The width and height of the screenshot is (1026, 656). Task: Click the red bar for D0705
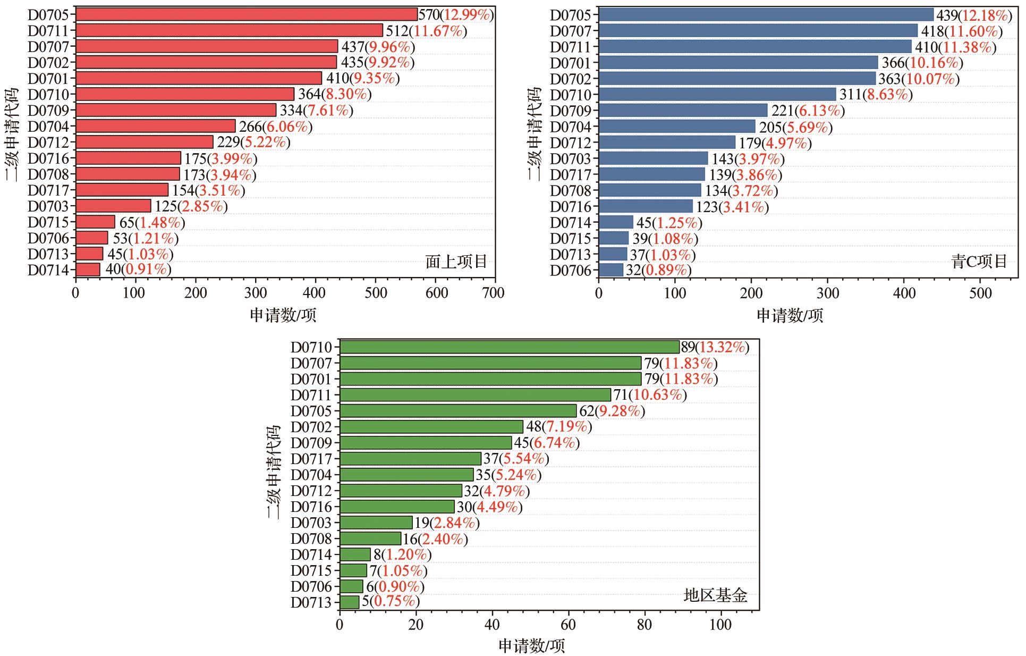click(246, 14)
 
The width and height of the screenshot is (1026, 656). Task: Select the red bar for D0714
click(88, 270)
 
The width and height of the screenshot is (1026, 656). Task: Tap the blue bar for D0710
click(717, 95)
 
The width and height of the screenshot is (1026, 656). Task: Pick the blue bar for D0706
click(611, 270)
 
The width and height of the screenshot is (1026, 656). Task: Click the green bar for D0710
click(509, 347)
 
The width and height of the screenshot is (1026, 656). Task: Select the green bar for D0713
click(349, 602)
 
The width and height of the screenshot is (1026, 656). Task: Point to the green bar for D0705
click(457, 411)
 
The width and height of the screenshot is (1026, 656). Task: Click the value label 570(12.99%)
click(456, 15)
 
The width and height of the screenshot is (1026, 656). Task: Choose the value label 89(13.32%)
click(715, 347)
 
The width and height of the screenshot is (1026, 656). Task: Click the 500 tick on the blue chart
click(981, 293)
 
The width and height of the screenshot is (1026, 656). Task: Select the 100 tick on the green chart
click(720, 624)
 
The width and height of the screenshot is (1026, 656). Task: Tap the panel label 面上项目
click(456, 262)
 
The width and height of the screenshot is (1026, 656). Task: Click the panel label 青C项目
click(979, 262)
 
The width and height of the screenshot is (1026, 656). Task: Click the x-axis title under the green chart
click(531, 646)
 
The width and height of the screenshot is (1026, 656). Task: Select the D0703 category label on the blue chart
click(570, 159)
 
